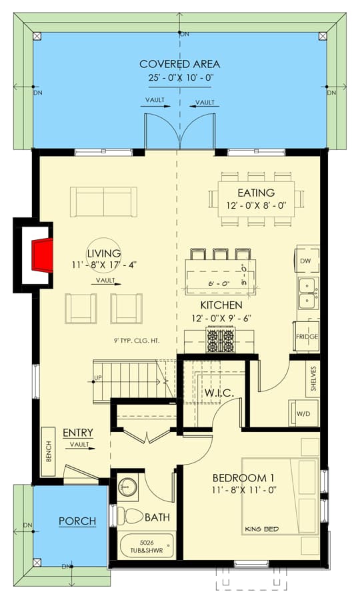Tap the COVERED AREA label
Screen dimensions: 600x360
click(179, 64)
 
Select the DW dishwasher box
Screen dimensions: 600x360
click(305, 261)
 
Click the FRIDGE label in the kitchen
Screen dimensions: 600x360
click(307, 337)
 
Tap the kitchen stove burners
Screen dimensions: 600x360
click(220, 341)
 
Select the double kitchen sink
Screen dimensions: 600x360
click(307, 293)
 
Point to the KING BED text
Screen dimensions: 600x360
click(261, 529)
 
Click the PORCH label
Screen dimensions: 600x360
click(77, 521)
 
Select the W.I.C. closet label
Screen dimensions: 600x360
click(218, 393)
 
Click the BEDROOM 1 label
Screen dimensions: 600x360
click(244, 478)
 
